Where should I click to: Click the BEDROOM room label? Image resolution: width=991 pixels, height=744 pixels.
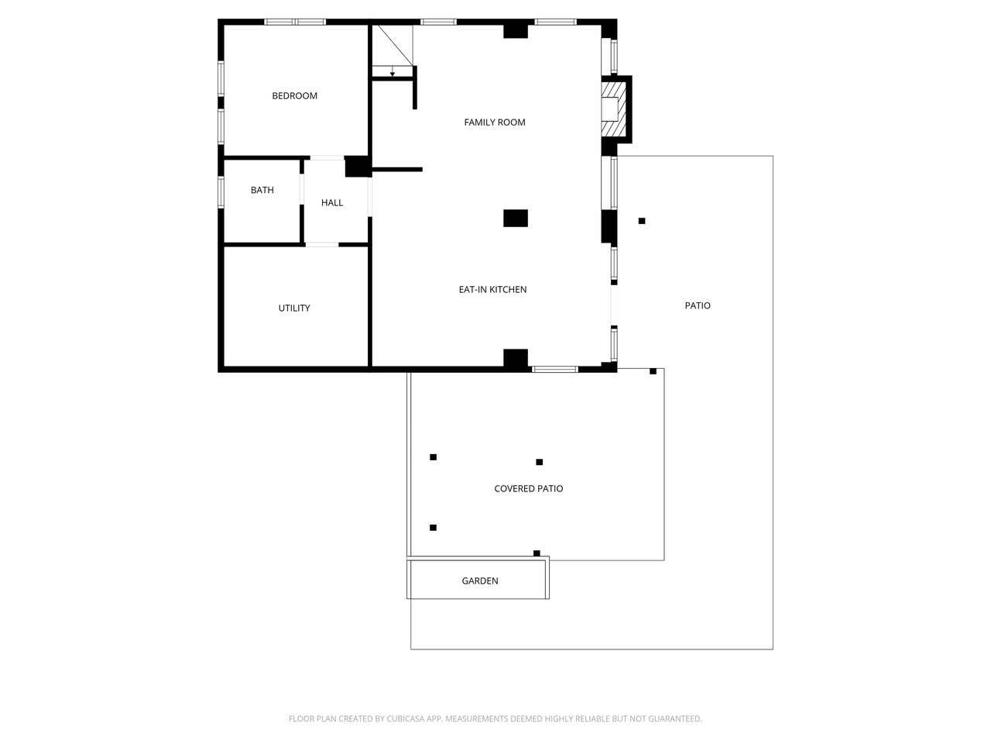(x=294, y=96)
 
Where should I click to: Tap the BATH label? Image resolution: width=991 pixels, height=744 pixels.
(x=262, y=190)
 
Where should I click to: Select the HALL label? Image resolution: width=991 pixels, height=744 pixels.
(x=332, y=203)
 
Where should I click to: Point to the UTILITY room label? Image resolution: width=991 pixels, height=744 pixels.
(x=294, y=308)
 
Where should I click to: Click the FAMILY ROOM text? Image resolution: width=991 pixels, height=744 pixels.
(x=495, y=122)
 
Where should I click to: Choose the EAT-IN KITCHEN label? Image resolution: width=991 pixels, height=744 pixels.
(x=492, y=290)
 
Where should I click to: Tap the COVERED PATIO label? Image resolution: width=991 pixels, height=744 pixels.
(x=528, y=488)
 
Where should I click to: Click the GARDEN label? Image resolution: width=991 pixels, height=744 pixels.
(x=480, y=581)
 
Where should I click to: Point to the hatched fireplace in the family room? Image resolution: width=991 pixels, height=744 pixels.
(x=614, y=108)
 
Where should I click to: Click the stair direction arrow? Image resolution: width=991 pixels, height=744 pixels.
(x=393, y=71)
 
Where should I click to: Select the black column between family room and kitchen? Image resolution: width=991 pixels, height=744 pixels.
(x=516, y=219)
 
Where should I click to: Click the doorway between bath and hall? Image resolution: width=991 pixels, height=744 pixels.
(x=302, y=189)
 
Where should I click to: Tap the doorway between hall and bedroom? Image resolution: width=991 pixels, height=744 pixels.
(x=327, y=157)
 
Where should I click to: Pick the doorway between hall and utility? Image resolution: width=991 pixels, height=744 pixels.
(x=322, y=244)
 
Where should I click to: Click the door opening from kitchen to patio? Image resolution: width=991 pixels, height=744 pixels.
(x=614, y=305)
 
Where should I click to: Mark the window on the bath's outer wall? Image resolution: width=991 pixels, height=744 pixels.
(x=221, y=192)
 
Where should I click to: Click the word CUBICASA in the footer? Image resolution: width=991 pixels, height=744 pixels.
(x=404, y=718)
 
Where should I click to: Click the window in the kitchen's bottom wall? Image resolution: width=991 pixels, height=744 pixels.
(x=555, y=369)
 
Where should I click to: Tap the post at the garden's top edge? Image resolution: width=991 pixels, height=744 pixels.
(x=537, y=553)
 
